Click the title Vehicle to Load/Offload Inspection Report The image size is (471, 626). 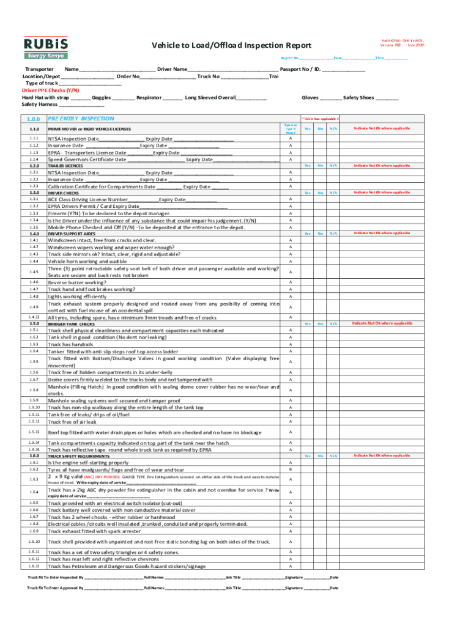[x=231, y=46]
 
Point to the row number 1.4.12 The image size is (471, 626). [x=34, y=317]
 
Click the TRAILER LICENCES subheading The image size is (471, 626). [x=65, y=166]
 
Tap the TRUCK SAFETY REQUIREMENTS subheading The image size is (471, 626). [x=80, y=456]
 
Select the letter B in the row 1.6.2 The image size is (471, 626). [x=291, y=469]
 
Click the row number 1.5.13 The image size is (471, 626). [x=34, y=432]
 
